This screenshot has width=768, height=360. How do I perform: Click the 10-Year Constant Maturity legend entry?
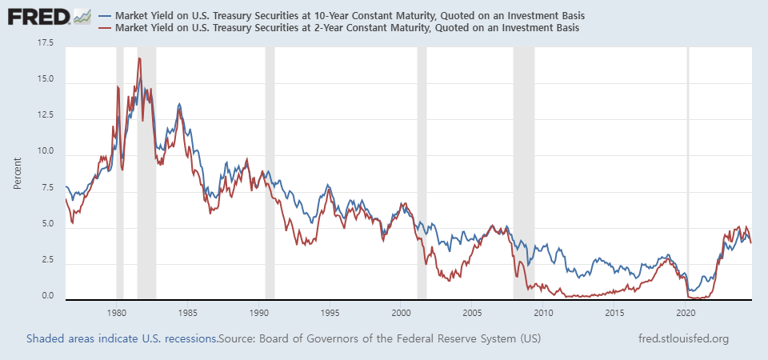coord(350,16)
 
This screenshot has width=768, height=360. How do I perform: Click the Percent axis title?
coord(17,173)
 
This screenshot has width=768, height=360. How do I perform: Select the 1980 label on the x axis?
coord(117,312)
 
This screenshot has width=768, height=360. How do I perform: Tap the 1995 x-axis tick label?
coord(330,312)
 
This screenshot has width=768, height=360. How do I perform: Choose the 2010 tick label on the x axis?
coord(544,312)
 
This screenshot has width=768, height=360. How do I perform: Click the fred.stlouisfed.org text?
coord(684,339)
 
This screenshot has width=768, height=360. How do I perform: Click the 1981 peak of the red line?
coord(139,58)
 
